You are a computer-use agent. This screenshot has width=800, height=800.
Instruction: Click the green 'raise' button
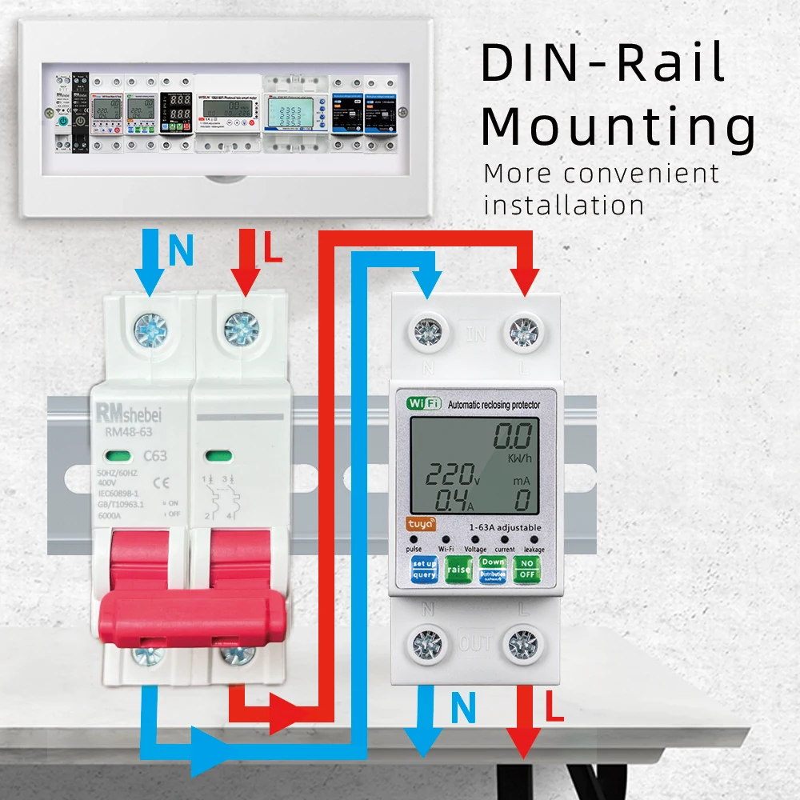(458, 570)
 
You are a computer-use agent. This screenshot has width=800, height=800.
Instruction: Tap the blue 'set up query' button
(424, 570)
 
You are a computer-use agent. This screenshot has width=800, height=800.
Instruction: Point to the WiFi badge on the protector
(424, 404)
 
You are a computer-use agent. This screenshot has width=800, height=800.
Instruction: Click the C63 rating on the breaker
(154, 457)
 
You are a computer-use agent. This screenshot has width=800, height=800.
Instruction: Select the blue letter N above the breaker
(182, 250)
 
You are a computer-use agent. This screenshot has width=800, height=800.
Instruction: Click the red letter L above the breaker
(274, 250)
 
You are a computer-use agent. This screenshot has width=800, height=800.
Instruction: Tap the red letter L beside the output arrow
(554, 707)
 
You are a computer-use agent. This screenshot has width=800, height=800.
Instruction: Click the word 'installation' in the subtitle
(563, 206)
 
